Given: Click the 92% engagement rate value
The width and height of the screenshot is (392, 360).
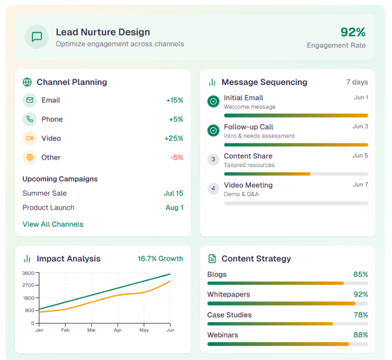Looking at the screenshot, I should click(353, 32).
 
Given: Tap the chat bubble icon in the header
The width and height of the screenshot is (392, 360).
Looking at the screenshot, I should click(37, 37).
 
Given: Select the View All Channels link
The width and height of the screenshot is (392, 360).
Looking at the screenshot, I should click(53, 224).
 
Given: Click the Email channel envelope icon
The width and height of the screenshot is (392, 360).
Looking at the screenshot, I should click(30, 100).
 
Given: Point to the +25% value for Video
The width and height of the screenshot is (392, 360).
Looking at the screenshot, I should click(173, 139).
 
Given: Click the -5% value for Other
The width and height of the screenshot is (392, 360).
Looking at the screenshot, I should click(176, 157).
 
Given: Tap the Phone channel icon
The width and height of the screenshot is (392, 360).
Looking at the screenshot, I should click(30, 119).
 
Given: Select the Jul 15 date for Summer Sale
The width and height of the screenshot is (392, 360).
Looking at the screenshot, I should click(173, 193).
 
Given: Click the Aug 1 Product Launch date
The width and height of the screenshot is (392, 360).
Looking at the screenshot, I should click(174, 208).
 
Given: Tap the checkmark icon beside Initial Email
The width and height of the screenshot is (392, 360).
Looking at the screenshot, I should click(213, 101).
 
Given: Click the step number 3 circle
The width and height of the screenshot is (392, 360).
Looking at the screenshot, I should click(213, 159).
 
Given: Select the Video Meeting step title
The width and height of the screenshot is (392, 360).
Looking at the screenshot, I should click(248, 185).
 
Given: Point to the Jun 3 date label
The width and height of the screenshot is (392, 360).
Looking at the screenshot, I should click(360, 127).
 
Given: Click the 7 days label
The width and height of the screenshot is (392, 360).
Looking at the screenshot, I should click(357, 82).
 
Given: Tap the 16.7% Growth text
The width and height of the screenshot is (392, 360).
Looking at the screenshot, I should click(160, 259).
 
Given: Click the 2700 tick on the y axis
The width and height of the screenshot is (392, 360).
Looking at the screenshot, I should click(28, 285).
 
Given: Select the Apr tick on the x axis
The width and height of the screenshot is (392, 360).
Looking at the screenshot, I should click(118, 330).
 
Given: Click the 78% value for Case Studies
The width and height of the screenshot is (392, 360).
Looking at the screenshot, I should click(360, 315).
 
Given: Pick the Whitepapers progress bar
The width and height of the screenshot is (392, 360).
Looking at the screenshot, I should click(287, 303).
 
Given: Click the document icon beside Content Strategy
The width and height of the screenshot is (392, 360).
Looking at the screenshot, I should click(212, 259).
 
